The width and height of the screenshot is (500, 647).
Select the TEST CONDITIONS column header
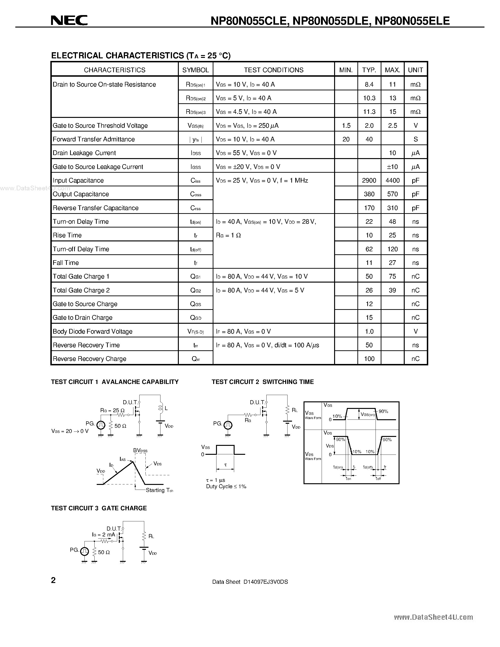(273, 70)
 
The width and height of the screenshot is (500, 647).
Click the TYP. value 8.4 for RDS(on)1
(369, 84)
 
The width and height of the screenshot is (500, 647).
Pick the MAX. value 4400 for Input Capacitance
(392, 180)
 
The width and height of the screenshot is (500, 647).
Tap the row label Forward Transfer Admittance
(94, 139)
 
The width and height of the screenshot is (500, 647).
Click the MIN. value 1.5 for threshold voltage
(346, 126)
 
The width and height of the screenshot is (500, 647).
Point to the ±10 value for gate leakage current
(392, 167)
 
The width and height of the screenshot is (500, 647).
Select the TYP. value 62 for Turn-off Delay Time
(369, 249)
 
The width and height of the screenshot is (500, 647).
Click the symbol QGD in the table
(196, 318)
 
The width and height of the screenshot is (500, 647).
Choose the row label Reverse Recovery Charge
(89, 359)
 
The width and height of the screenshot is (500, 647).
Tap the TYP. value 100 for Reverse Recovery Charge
(369, 359)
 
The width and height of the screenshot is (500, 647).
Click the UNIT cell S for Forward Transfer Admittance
(416, 139)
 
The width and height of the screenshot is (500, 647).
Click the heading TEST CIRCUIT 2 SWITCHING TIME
(262, 382)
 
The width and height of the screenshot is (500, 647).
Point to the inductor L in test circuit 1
(161, 408)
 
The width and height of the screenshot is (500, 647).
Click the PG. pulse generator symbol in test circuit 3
(84, 551)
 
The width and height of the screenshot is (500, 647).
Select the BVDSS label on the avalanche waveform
(140, 451)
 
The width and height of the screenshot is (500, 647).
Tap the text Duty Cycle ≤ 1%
(226, 487)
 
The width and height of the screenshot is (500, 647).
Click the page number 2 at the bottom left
(53, 580)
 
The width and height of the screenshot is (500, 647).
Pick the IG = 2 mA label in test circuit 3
(103, 535)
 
